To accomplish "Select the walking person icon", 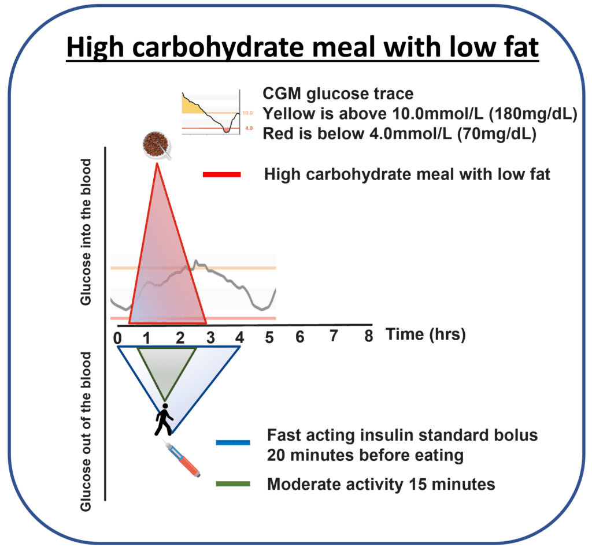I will pyautogui.click(x=164, y=419).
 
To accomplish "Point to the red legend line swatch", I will pyautogui.click(x=222, y=174).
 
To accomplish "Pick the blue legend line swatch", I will pyautogui.click(x=233, y=443).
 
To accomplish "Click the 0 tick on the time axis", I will pyautogui.click(x=117, y=337).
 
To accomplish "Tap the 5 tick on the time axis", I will pyautogui.click(x=269, y=337).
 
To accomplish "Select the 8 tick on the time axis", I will pyautogui.click(x=368, y=336).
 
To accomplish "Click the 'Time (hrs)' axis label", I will pyautogui.click(x=425, y=334).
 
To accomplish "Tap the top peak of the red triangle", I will pyautogui.click(x=156, y=164).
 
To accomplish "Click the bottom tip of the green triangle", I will pyautogui.click(x=165, y=400).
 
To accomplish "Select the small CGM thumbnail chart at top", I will pyautogui.click(x=210, y=112).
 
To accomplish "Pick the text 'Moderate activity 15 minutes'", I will pyautogui.click(x=381, y=484).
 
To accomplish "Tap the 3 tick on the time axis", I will pyautogui.click(x=209, y=337).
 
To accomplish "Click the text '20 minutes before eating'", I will pyautogui.click(x=365, y=455).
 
